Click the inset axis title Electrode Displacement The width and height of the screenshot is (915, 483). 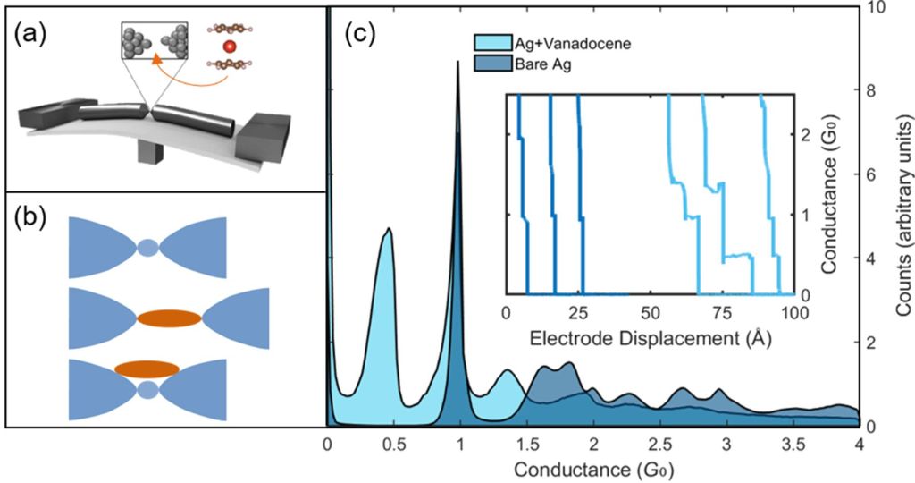[650, 339]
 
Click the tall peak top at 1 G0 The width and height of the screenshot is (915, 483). [458, 63]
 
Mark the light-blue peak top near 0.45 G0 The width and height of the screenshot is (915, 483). [388, 230]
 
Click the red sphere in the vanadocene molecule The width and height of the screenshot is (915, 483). [231, 46]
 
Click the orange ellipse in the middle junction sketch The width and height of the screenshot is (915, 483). [170, 318]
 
